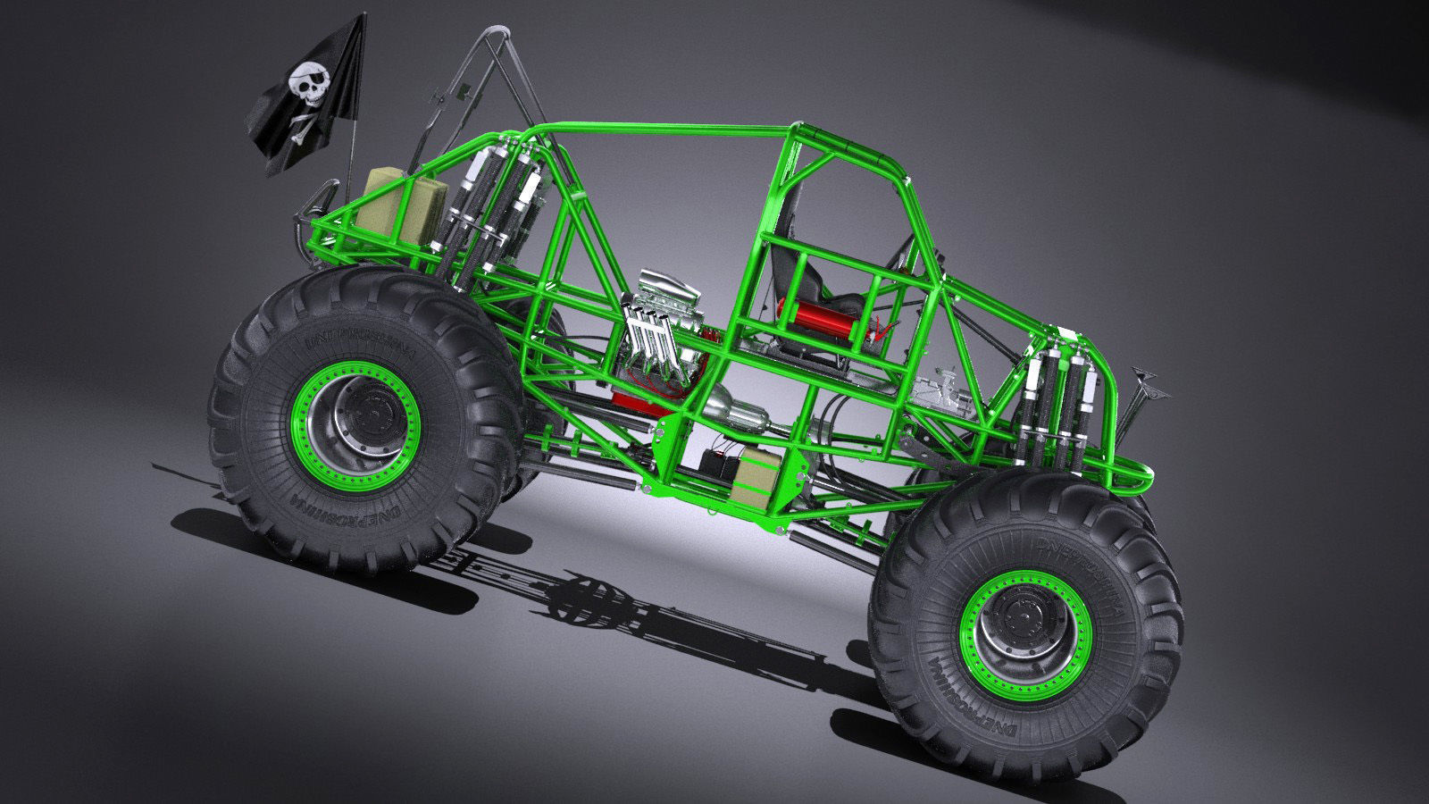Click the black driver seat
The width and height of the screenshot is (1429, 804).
(808, 277)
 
